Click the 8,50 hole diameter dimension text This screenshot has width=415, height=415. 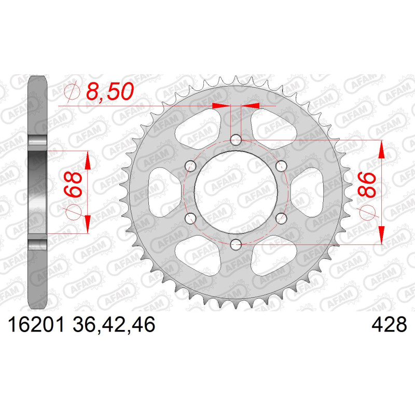click(x=110, y=91)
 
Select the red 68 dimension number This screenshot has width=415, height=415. click(x=73, y=184)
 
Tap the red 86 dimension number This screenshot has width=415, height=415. click(x=367, y=185)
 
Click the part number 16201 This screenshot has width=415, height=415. click(x=36, y=325)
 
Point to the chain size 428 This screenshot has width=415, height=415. click(x=389, y=325)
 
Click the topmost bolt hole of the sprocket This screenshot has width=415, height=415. click(x=236, y=140)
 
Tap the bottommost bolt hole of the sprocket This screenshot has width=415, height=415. click(x=236, y=245)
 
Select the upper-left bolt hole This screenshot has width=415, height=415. click(x=190, y=166)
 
